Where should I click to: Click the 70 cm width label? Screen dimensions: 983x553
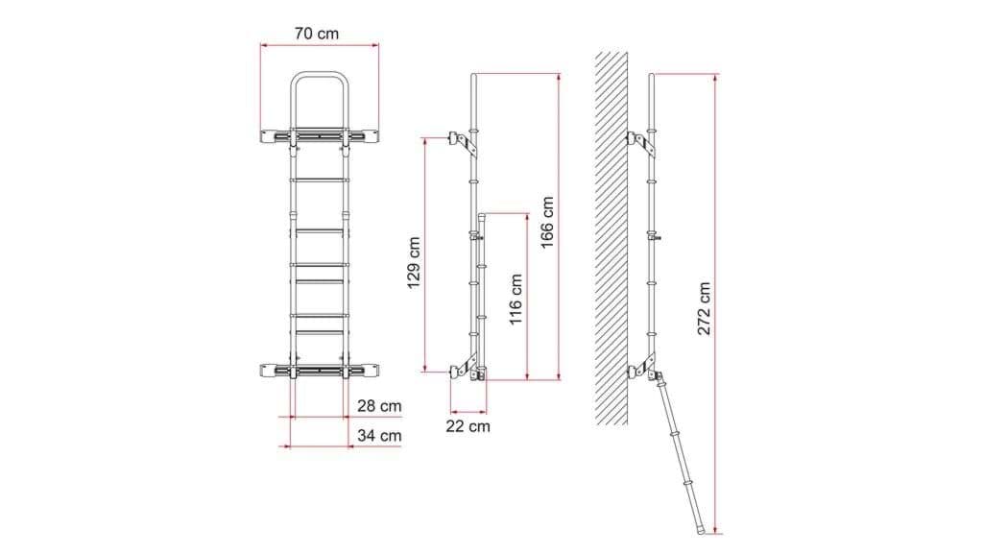point(317,34)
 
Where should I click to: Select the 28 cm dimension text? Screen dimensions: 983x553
point(379,406)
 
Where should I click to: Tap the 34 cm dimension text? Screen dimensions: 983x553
point(379,435)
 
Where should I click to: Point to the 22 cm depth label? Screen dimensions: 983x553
point(468,426)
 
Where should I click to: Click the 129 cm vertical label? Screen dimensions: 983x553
point(414,263)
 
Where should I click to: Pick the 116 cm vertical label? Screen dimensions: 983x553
point(515,300)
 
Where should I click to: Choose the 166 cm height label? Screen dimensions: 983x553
point(547,223)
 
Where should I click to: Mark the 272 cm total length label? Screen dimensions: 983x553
point(705,308)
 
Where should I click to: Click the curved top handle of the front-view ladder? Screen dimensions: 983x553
point(319,74)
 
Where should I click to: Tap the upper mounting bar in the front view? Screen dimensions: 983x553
point(319,136)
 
